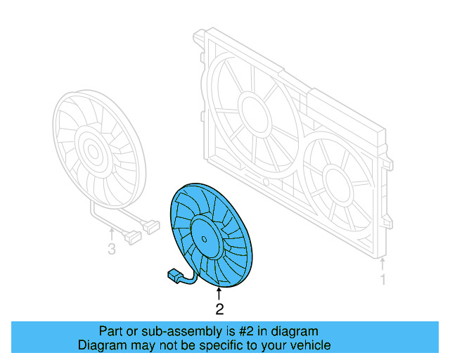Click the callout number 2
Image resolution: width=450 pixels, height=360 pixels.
click(x=219, y=308)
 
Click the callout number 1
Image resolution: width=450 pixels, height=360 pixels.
click(x=383, y=280)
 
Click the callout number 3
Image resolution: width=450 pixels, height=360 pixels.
click(x=111, y=249)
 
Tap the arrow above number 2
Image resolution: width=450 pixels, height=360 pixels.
click(x=219, y=293)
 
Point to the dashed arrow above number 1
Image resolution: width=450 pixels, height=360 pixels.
click(x=383, y=264)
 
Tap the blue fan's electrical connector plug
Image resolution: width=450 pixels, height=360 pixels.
click(x=173, y=276)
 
